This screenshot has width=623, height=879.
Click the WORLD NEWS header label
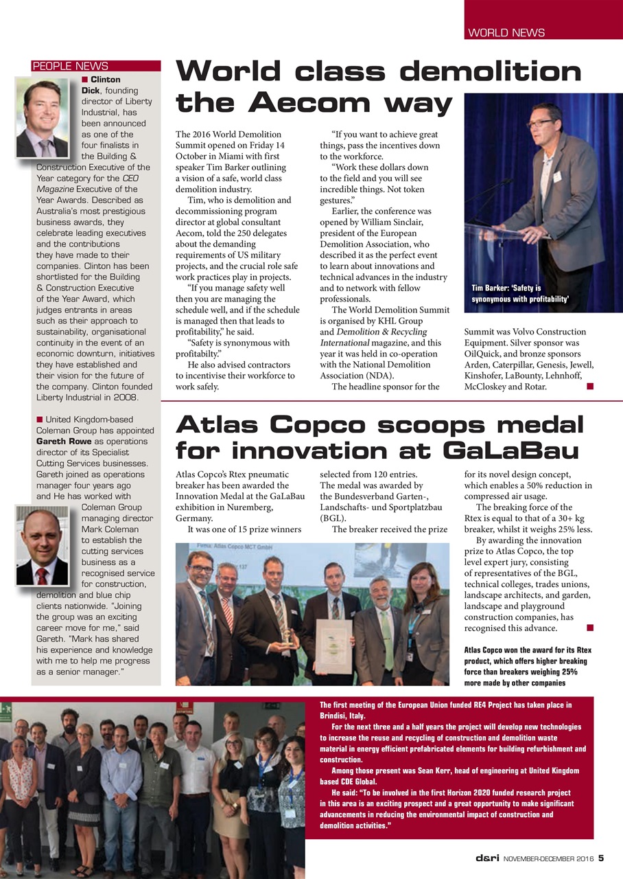coord(506,32)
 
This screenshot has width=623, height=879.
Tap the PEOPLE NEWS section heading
coord(70,67)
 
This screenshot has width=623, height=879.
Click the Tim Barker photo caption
coord(521,294)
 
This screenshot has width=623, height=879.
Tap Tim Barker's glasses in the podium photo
coord(539,124)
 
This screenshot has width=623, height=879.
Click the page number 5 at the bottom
coord(601,858)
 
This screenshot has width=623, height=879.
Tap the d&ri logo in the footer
coord(488,858)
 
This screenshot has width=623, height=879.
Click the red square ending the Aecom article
coord(589,387)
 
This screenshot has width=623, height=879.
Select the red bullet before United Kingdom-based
coord(39,420)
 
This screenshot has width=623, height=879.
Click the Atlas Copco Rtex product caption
coord(528,666)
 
